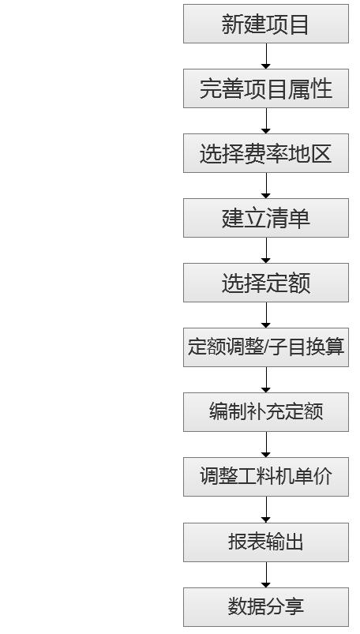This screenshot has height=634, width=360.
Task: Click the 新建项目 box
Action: pyautogui.click(x=266, y=24)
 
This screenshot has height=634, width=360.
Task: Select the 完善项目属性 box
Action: pyautogui.click(x=266, y=88)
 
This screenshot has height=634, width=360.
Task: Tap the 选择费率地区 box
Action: pyautogui.click(x=266, y=153)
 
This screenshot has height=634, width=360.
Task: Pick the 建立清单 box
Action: pyautogui.click(x=266, y=218)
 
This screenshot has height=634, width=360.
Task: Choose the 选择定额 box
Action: pyautogui.click(x=266, y=283)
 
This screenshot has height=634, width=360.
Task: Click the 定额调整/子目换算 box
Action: pyautogui.click(x=266, y=347)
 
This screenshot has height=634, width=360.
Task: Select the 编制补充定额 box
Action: pyautogui.click(x=266, y=412)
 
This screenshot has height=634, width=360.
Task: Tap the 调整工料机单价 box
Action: pyautogui.click(x=266, y=477)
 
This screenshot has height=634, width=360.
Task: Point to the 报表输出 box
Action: pyautogui.click(x=266, y=542)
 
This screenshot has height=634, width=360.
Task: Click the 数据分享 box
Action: pyautogui.click(x=266, y=607)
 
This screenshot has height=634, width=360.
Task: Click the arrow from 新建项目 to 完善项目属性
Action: pyautogui.click(x=266, y=56)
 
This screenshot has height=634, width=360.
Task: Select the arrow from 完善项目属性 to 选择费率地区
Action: pyautogui.click(x=266, y=121)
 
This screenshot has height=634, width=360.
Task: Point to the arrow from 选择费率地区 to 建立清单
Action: pyautogui.click(x=266, y=186)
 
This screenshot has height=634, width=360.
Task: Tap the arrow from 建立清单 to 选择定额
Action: pyautogui.click(x=266, y=250)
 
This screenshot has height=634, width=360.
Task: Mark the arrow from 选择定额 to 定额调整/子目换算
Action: pyautogui.click(x=266, y=315)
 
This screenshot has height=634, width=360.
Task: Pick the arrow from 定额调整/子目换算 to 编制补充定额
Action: pyautogui.click(x=266, y=380)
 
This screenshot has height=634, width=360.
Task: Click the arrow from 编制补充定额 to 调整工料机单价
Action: pyautogui.click(x=266, y=445)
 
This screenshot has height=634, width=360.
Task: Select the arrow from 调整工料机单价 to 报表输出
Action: pyautogui.click(x=266, y=509)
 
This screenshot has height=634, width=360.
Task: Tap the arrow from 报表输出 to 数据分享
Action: pyautogui.click(x=266, y=575)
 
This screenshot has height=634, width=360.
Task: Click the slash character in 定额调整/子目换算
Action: pyautogui.click(x=266, y=347)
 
